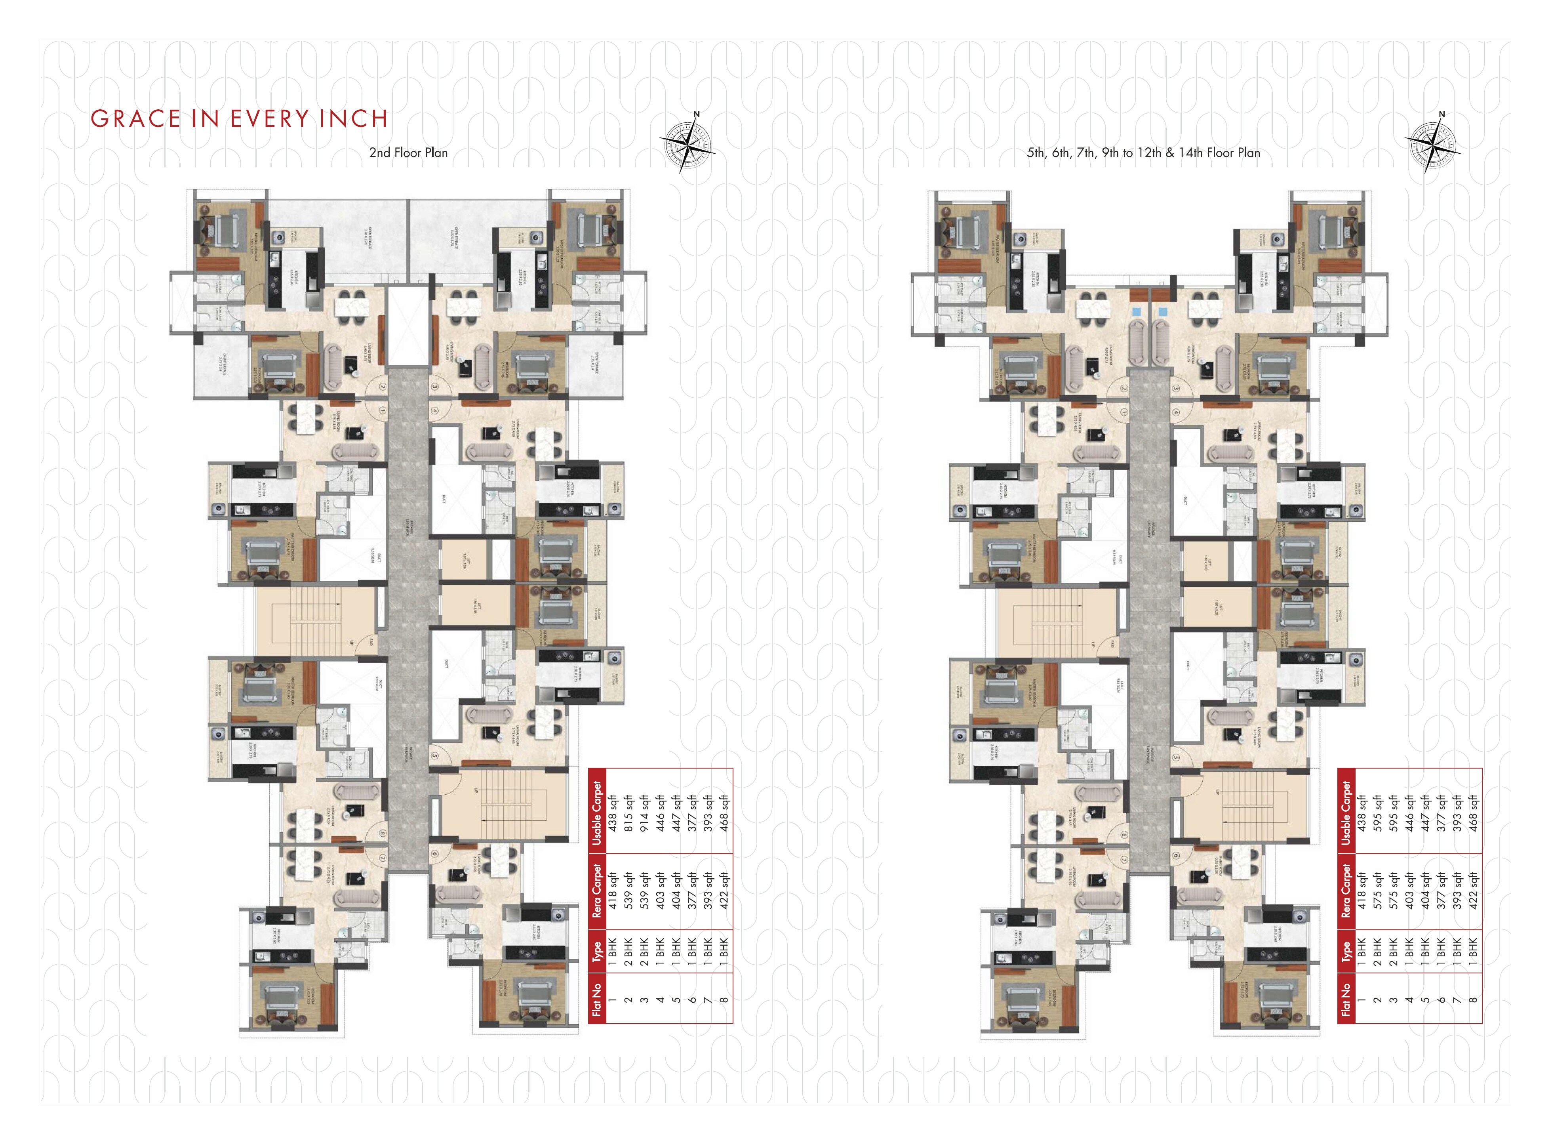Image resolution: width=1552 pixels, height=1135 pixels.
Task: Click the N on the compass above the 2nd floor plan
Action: tap(696, 115)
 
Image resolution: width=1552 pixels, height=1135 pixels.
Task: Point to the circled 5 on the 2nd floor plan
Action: tap(435, 756)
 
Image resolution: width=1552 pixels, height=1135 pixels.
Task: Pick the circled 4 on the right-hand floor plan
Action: tap(1176, 412)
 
